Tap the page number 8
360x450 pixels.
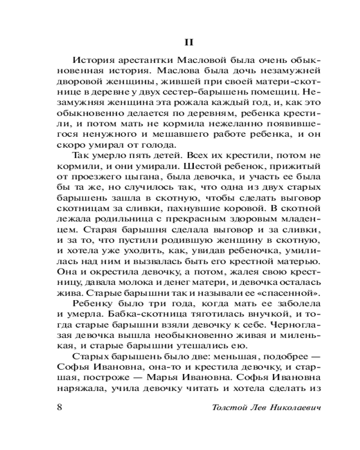click(x=60, y=407)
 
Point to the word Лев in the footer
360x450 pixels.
click(x=257, y=407)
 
